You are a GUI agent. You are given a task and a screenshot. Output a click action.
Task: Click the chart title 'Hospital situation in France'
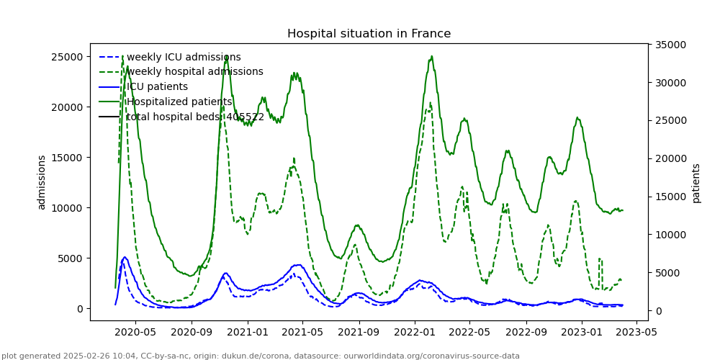(x=369, y=34)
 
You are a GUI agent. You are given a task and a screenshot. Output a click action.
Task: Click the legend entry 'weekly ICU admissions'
(x=184, y=58)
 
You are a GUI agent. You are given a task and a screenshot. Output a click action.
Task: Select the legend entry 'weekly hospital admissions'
(x=194, y=72)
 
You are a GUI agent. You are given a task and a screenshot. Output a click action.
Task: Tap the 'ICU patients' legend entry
(x=157, y=87)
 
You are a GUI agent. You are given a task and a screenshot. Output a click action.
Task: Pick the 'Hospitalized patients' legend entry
(x=179, y=102)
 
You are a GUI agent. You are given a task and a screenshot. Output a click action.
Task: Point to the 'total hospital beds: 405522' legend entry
(x=195, y=117)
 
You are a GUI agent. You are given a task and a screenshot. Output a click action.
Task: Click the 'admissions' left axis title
(x=42, y=182)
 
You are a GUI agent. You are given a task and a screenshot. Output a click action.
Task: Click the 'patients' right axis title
(x=696, y=183)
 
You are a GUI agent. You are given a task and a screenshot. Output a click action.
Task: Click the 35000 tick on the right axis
(x=670, y=45)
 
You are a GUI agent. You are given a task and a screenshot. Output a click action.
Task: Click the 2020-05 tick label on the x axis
(x=135, y=333)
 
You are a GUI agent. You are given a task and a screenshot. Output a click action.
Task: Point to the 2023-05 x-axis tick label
(x=636, y=333)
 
